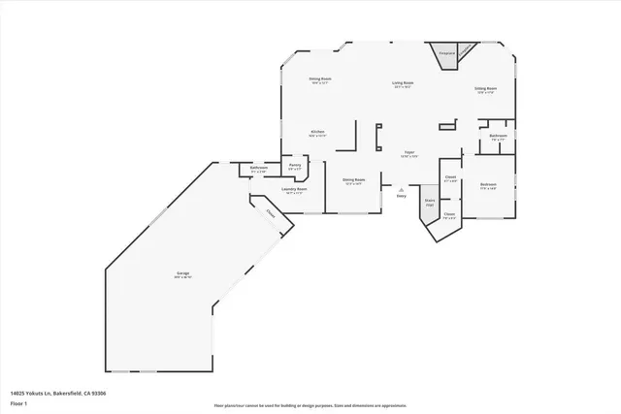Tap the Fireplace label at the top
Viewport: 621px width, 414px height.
click(446, 53)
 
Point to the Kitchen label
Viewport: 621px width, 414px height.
click(317, 131)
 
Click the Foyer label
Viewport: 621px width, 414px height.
click(410, 152)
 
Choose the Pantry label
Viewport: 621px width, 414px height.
click(295, 165)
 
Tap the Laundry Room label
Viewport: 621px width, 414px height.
click(293, 189)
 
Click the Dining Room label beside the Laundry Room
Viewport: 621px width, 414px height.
click(353, 179)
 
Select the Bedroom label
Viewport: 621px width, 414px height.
click(488, 184)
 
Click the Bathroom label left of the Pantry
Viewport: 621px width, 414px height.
click(258, 168)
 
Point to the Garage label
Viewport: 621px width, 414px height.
click(182, 274)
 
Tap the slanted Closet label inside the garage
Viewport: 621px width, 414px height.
click(271, 216)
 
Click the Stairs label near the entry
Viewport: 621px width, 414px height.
click(429, 203)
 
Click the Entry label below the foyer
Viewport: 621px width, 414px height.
click(401, 197)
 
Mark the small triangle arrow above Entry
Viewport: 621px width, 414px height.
click(401, 190)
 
